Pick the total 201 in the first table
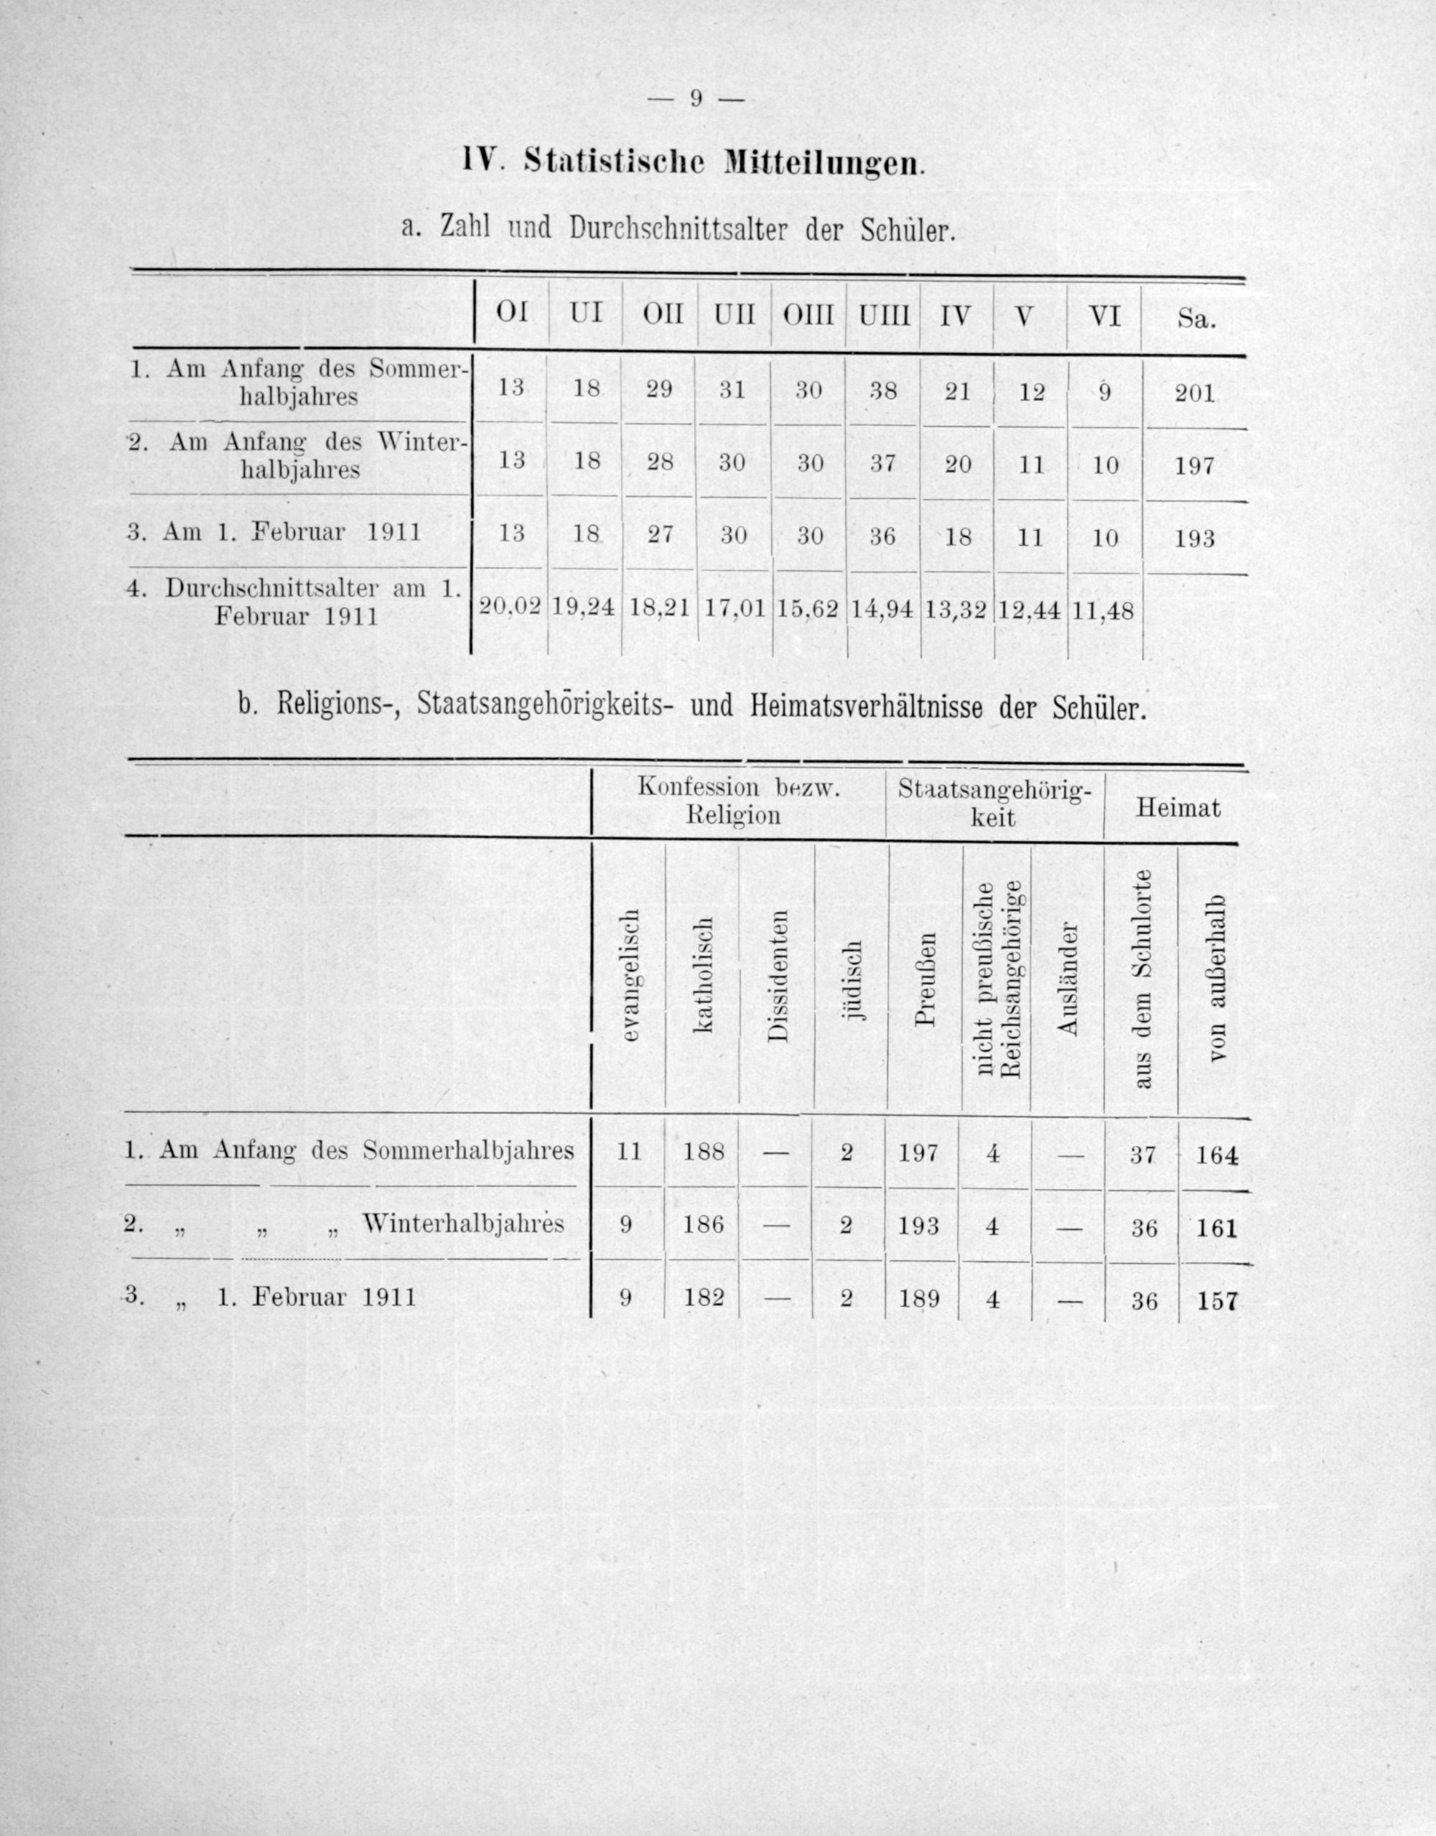click(x=1195, y=393)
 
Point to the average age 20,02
click(x=508, y=607)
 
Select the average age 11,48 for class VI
click(x=1104, y=610)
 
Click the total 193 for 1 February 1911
click(x=1195, y=538)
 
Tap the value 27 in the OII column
click(x=660, y=535)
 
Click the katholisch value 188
click(x=704, y=1150)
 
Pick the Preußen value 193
click(x=918, y=1226)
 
